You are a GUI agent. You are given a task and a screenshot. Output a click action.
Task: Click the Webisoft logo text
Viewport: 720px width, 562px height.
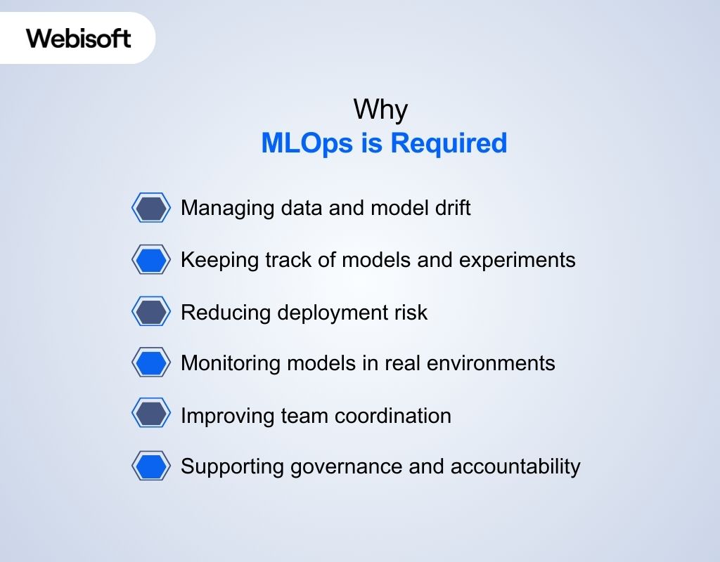tap(79, 38)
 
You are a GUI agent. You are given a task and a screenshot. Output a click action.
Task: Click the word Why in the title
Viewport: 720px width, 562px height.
tap(380, 110)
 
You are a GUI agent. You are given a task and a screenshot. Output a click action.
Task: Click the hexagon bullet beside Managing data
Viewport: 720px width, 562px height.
tap(151, 208)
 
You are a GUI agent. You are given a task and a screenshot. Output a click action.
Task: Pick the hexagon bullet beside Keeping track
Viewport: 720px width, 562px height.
tap(151, 260)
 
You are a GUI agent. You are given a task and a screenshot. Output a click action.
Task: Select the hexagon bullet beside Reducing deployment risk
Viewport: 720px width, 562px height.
tap(151, 312)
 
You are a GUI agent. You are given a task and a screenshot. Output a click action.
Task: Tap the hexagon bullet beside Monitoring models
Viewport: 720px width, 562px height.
tap(151, 363)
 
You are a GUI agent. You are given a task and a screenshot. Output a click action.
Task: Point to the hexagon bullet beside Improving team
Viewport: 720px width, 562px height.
tap(151, 415)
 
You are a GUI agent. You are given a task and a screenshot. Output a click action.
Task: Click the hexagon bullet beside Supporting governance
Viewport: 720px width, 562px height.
tap(151, 466)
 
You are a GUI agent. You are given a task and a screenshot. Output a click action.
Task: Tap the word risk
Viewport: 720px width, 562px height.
tap(412, 312)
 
